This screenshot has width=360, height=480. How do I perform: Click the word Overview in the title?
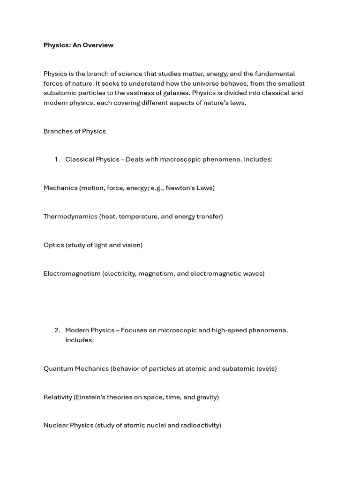pyautogui.click(x=99, y=45)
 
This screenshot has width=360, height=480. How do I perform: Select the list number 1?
pyautogui.click(x=57, y=159)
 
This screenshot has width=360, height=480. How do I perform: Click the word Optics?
pyautogui.click(x=53, y=245)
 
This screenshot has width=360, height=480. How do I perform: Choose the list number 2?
pyautogui.click(x=57, y=330)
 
